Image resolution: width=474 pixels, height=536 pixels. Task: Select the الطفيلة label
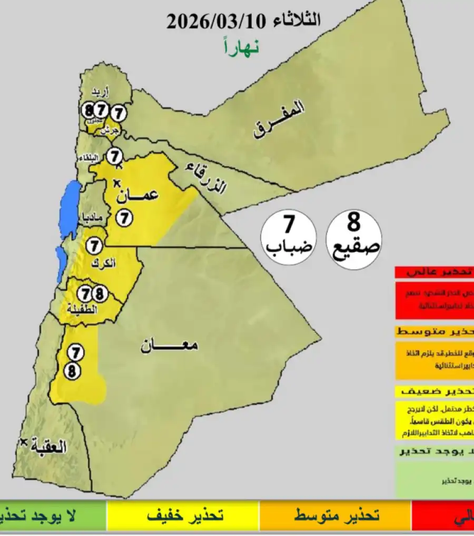[81, 309]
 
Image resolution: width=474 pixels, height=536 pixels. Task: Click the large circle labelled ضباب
[289, 237]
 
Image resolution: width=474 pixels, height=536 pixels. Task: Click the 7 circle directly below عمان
[123, 217]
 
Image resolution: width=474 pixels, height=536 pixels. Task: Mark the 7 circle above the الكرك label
[94, 245]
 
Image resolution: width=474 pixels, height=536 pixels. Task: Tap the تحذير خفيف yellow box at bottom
[182, 516]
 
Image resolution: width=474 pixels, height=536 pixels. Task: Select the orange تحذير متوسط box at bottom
[335, 516]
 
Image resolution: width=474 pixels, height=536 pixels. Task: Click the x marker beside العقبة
[22, 443]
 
